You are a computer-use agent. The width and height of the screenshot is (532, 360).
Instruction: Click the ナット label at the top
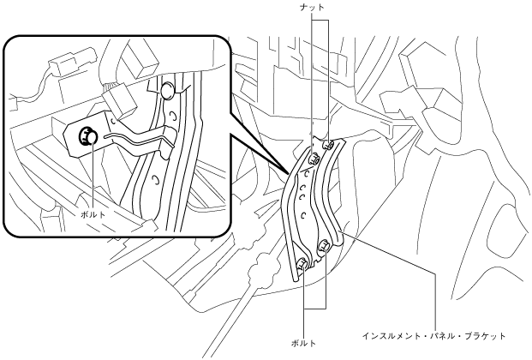click(x=316, y=7)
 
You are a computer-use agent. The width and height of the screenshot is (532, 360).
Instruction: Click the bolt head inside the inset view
click(x=87, y=135)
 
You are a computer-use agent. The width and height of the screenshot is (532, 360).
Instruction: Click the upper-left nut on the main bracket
click(x=313, y=158)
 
